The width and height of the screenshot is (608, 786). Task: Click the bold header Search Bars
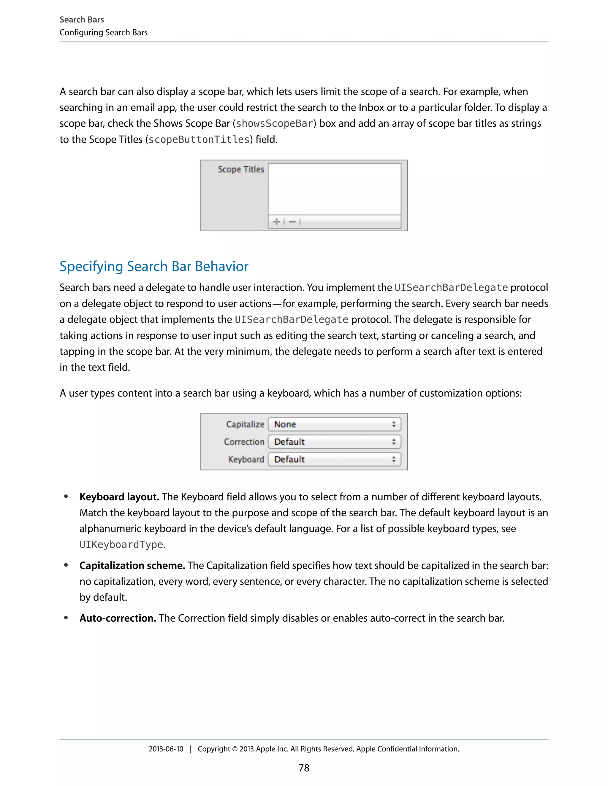(82, 20)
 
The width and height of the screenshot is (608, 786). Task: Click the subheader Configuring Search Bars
(103, 33)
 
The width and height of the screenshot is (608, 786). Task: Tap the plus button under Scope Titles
(276, 222)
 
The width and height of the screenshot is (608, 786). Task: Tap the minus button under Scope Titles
(292, 222)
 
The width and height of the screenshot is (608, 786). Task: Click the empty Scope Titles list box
(334, 189)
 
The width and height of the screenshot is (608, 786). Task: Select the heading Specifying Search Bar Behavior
(154, 267)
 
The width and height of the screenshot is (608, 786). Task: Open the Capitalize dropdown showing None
(334, 424)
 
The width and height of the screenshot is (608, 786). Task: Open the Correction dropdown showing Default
(334, 442)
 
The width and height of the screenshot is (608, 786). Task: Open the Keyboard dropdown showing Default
(334, 459)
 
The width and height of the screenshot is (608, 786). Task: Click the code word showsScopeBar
(275, 124)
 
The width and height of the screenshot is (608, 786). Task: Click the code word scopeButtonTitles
(199, 140)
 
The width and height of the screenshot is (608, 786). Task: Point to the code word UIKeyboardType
(121, 545)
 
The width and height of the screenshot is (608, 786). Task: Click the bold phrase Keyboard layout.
(119, 497)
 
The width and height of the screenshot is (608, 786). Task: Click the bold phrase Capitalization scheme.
(132, 566)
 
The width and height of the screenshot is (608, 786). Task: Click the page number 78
(304, 768)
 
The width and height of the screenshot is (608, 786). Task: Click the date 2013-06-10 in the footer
(166, 749)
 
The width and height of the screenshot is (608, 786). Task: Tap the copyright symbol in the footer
(235, 749)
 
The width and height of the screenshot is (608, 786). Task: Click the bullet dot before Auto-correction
(66, 618)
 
